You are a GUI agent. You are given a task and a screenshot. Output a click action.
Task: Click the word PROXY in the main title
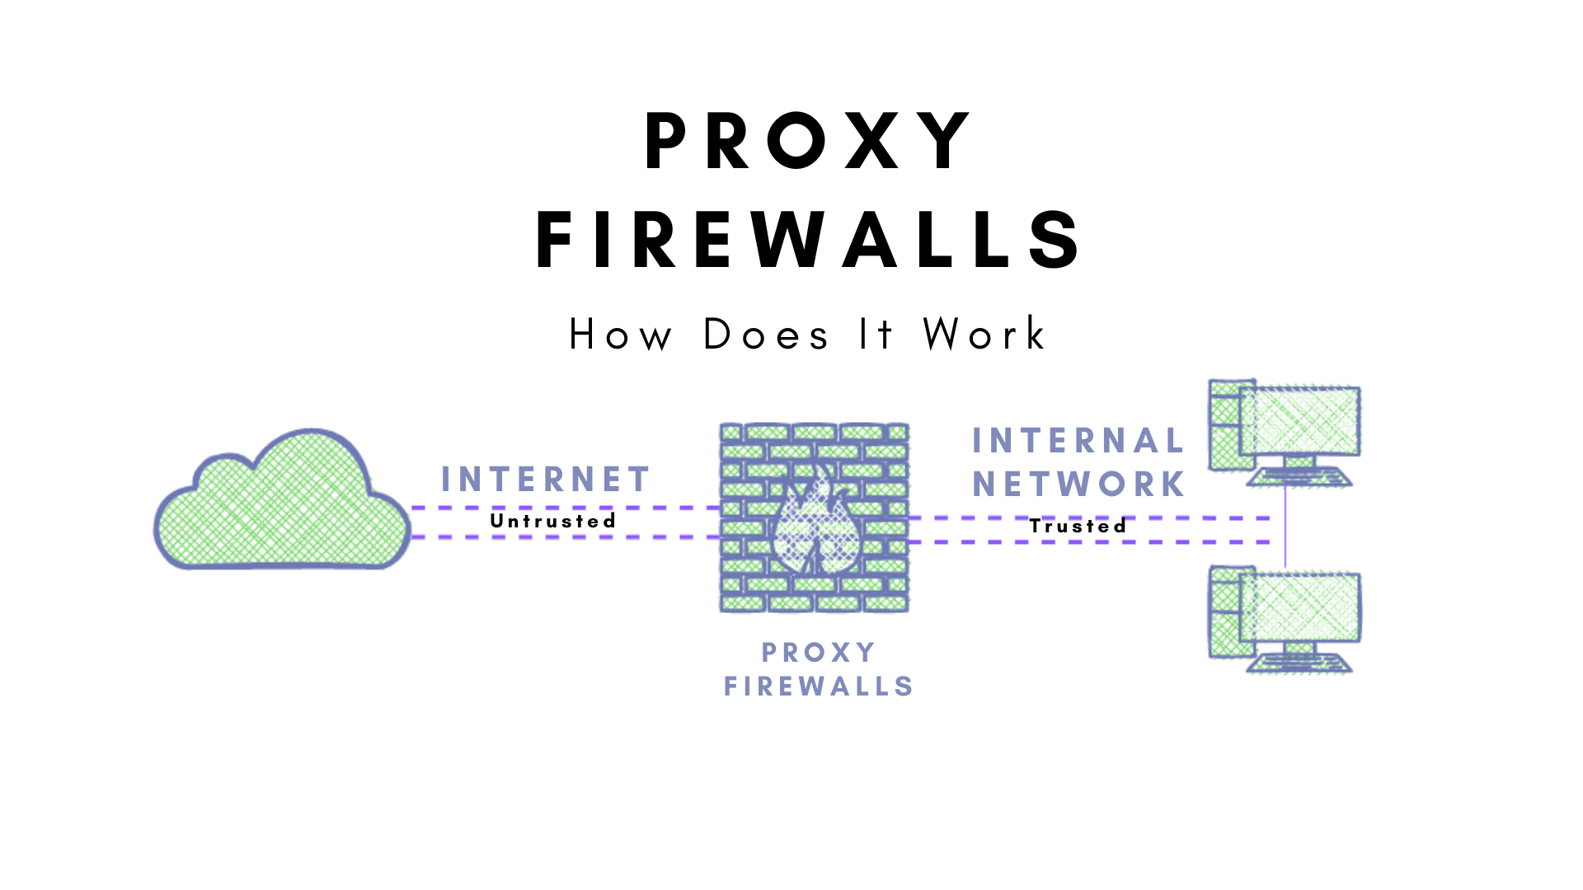pos(808,142)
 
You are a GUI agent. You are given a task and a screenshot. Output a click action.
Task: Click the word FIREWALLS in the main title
pos(808,240)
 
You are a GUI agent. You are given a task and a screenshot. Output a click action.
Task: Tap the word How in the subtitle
pos(620,335)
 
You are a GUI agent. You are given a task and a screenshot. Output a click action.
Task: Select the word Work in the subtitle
pos(984,335)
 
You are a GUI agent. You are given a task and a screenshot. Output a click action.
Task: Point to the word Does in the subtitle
pos(766,335)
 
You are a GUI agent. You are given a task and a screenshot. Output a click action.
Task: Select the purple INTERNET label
pos(546,480)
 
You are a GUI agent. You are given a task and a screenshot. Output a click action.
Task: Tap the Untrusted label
pos(553,521)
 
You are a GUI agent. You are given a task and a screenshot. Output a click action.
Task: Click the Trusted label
pos(1078,526)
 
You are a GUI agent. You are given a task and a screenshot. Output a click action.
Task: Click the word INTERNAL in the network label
pos(1078,441)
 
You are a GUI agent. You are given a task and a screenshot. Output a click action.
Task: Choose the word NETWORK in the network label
pos(1078,485)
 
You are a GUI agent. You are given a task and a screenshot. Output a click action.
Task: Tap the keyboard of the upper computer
pos(1300,478)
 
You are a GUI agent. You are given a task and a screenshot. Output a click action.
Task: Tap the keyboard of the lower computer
pos(1300,664)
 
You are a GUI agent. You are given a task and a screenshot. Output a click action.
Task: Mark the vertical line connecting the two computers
pos(1285,527)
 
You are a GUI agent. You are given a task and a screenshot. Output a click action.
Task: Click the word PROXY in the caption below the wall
pos(818,653)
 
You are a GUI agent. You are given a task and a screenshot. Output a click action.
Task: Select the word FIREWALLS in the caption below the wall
pos(818,686)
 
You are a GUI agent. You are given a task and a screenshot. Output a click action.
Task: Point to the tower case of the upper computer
pos(1224,425)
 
